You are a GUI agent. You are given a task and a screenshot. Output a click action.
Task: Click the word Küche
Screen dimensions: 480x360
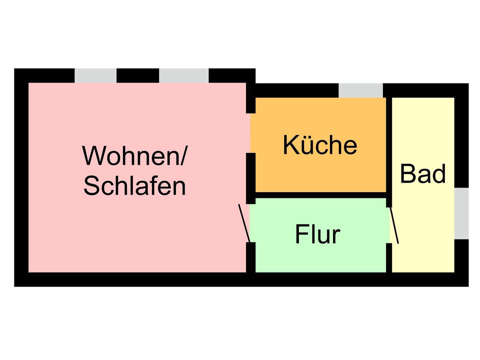tap(320, 145)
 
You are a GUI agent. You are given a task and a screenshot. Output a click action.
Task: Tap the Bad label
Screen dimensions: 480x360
tap(423, 174)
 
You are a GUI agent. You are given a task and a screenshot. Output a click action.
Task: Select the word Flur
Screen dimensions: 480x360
tap(317, 234)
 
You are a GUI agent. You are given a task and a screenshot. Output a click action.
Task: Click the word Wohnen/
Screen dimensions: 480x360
tap(135, 156)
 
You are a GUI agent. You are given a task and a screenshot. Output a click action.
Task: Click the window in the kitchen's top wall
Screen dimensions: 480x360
tap(361, 90)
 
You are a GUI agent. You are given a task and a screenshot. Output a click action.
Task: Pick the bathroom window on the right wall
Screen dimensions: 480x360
tap(461, 213)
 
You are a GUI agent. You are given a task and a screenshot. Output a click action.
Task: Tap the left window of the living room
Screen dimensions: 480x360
tap(95, 76)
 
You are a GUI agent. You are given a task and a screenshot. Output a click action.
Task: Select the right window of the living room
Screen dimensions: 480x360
tap(184, 76)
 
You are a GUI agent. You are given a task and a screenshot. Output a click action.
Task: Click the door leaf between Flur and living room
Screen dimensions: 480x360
tap(244, 223)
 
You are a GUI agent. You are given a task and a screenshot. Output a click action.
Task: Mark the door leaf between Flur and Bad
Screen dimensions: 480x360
tap(394, 225)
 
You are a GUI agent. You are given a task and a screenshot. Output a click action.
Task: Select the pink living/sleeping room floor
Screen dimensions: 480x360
tap(133, 233)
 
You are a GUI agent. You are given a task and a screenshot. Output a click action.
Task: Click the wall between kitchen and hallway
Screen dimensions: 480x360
tap(320, 195)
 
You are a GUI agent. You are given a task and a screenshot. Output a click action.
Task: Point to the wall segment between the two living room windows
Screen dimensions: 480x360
tap(138, 76)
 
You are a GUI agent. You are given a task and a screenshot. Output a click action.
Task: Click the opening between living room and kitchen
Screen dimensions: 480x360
tap(251, 133)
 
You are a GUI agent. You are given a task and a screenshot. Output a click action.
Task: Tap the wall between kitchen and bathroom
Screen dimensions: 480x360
tap(389, 147)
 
